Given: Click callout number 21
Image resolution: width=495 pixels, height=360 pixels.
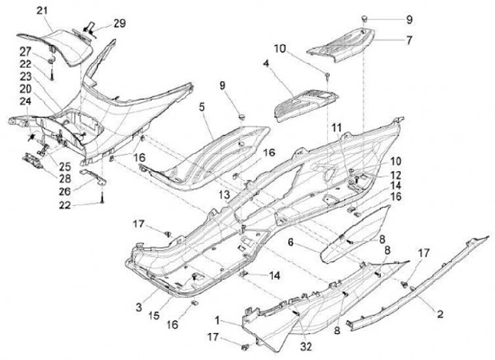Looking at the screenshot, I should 42,10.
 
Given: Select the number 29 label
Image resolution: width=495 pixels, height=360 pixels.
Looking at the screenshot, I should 120,23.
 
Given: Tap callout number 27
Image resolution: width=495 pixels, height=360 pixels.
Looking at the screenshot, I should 25,52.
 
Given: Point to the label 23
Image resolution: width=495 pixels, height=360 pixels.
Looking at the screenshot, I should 25,76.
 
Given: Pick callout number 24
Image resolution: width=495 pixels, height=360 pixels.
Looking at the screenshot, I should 25,100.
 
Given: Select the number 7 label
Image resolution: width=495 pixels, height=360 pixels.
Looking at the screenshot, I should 409,40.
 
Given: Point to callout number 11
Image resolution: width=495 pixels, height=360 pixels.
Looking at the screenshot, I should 336,127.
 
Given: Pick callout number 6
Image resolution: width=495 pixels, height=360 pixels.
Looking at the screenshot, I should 291,242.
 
